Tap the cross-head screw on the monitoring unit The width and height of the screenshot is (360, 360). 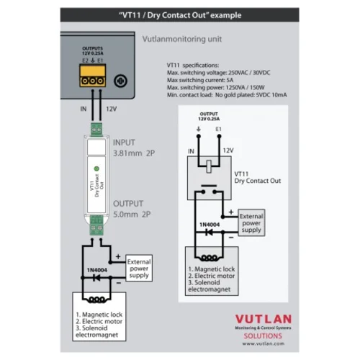click(122, 81)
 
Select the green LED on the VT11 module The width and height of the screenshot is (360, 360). click(96, 168)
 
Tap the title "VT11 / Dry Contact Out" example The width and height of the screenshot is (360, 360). click(179, 15)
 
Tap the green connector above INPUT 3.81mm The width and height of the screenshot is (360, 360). click(96, 129)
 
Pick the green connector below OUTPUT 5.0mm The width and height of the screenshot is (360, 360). click(96, 230)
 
